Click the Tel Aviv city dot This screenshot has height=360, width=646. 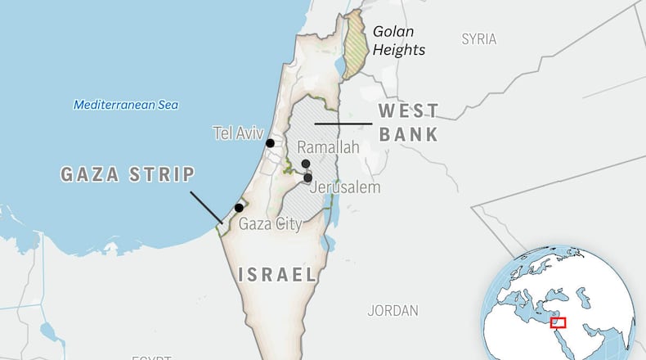[x=270, y=143]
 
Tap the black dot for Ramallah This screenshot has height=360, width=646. [x=306, y=164]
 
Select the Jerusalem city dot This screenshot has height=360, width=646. [x=307, y=178]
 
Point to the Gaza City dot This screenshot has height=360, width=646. [x=239, y=208]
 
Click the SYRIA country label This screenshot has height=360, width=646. [x=478, y=38]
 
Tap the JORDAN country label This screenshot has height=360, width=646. [x=393, y=311]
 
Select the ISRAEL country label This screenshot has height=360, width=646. [x=276, y=275]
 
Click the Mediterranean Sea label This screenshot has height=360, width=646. [x=126, y=105]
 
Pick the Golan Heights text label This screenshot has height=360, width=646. [x=398, y=41]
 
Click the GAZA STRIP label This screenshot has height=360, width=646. [x=128, y=174]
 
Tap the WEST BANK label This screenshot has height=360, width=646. [x=408, y=123]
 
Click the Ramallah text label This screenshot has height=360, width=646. [x=328, y=147]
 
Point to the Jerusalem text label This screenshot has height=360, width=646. [x=346, y=187]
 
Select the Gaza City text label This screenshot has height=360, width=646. [x=270, y=223]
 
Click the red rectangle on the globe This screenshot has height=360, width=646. [x=559, y=322]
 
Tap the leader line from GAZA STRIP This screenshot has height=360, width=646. [x=205, y=207]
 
